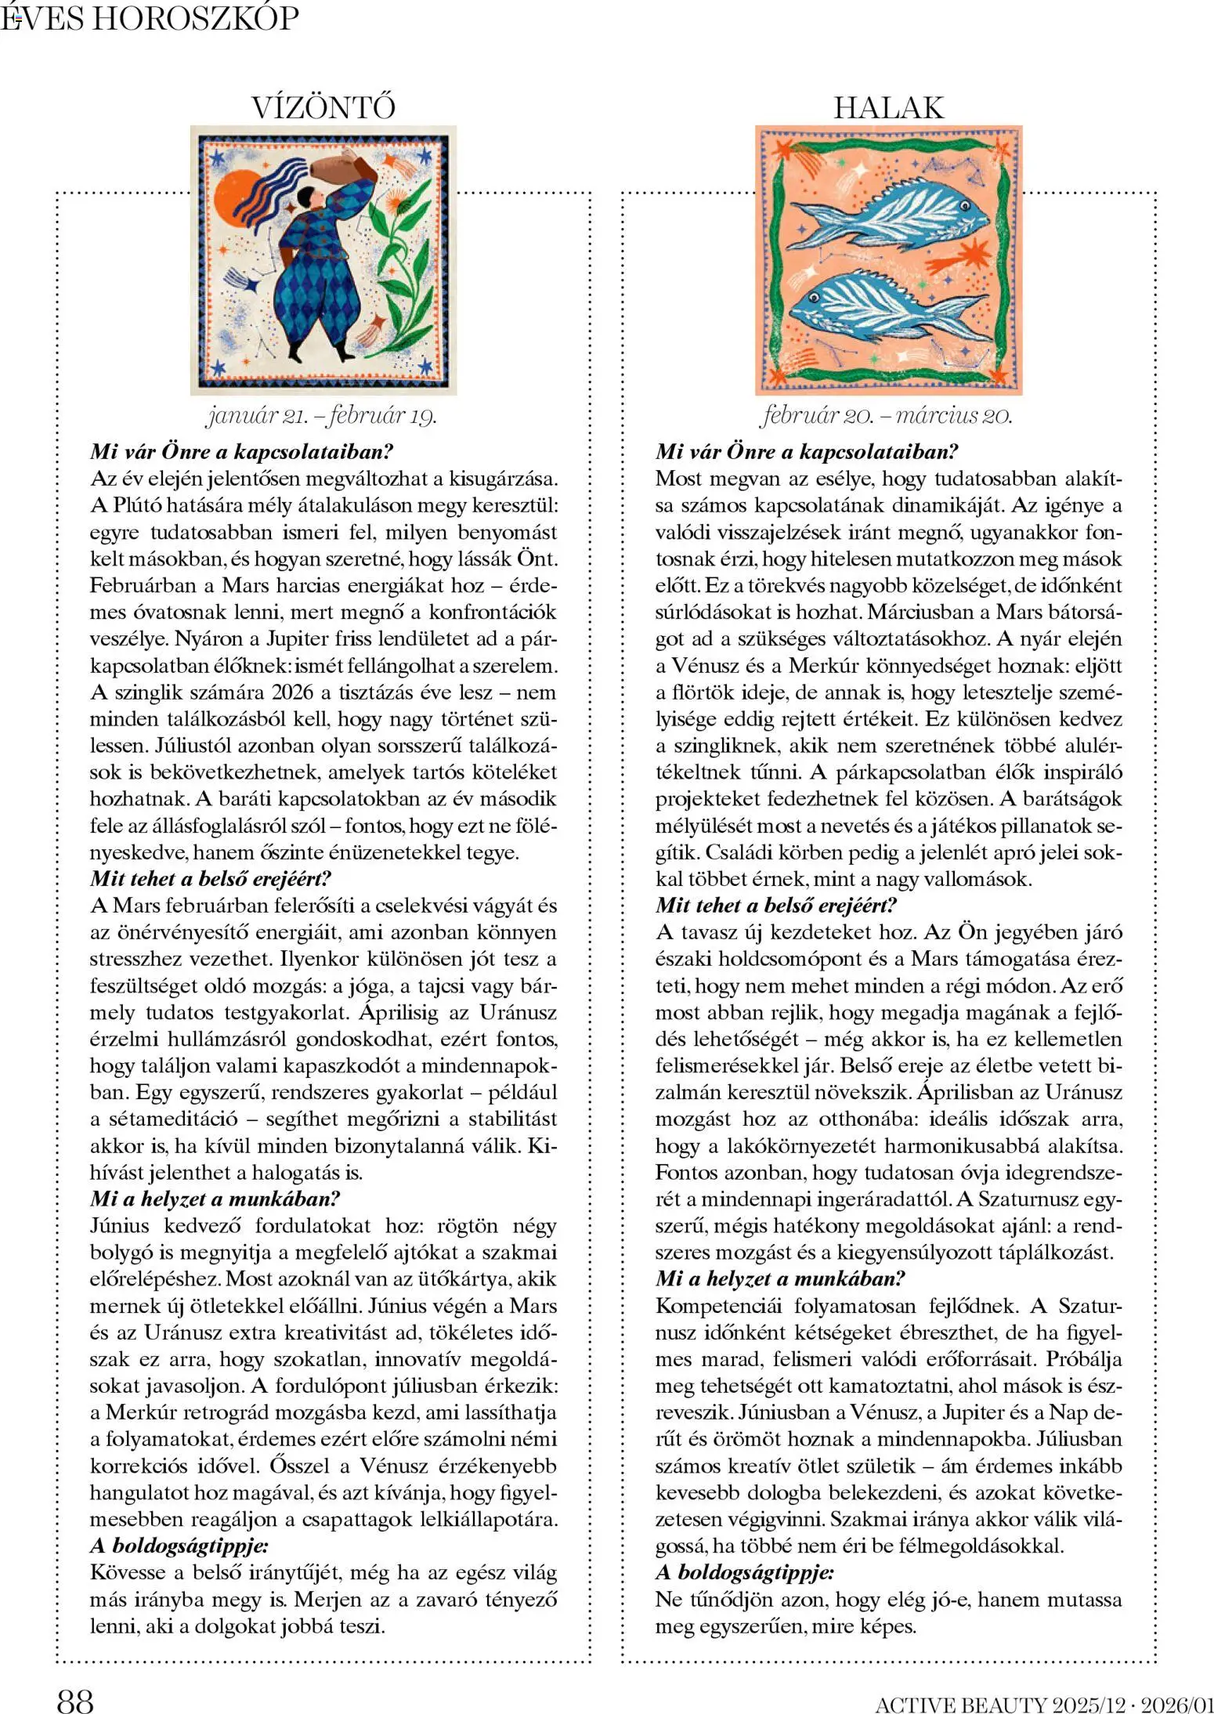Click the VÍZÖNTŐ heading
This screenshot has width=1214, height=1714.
tap(323, 107)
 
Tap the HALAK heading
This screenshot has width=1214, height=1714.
tap(888, 107)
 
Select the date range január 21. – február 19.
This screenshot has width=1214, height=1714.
tap(321, 415)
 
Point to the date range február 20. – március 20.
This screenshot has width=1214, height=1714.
tap(887, 415)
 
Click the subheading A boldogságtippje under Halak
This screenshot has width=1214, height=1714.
tap(744, 1572)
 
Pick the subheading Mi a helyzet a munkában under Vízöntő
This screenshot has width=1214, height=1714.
tap(215, 1199)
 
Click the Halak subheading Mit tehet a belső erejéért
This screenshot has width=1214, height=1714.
tap(775, 906)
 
